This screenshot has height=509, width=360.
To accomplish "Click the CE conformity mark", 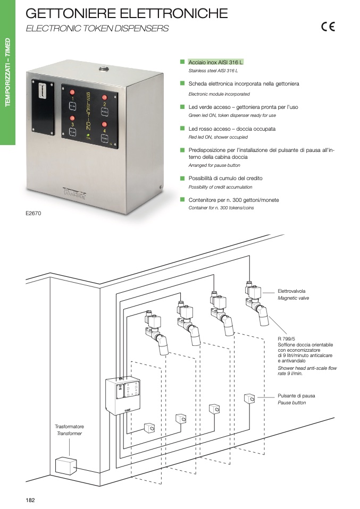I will (328, 28).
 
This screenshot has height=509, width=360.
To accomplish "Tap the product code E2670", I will (33, 213).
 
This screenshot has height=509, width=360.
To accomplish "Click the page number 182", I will (31, 500).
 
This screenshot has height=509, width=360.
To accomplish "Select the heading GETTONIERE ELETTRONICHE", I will (127, 13).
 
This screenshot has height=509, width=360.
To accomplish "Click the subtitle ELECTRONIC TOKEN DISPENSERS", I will (97, 29).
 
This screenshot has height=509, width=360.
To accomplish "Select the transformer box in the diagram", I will (66, 466).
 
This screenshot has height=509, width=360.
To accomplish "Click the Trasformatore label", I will (69, 427).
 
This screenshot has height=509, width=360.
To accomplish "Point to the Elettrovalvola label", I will (291, 291).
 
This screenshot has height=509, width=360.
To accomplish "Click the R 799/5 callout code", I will (287, 338).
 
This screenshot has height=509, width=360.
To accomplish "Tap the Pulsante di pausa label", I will (296, 396).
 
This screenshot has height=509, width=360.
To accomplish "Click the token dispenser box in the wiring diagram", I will (126, 396).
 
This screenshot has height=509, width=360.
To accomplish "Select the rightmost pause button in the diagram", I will (249, 398).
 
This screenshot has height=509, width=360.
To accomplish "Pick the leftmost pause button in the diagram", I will (150, 427).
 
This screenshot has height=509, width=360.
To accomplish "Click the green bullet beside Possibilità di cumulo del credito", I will (182, 178).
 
